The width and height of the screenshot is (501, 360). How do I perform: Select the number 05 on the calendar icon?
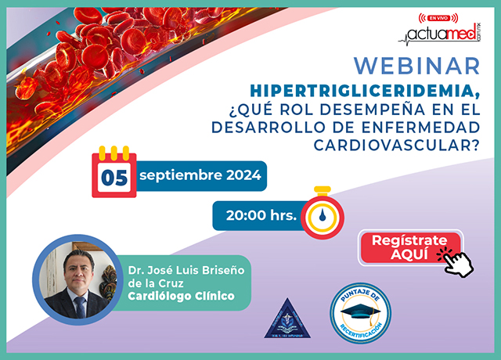[114, 177]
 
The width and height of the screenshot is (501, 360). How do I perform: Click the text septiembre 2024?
[200, 175]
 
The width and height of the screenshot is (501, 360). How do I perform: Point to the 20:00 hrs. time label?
[254, 216]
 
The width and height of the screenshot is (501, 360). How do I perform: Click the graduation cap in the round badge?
[368, 311]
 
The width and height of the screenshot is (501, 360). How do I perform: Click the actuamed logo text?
[443, 34]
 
